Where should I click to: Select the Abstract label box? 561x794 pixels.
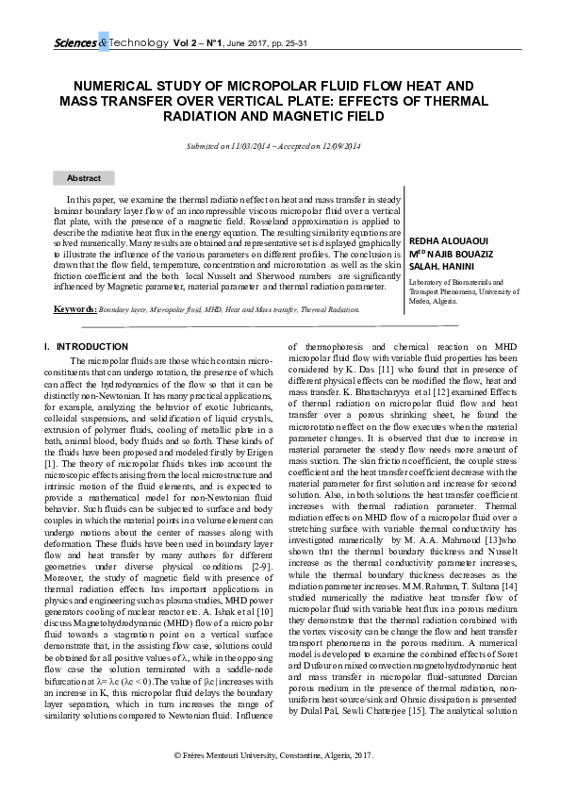click(x=84, y=178)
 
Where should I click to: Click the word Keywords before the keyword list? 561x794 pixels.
click(x=74, y=309)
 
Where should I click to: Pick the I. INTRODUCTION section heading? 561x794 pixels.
click(x=86, y=347)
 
